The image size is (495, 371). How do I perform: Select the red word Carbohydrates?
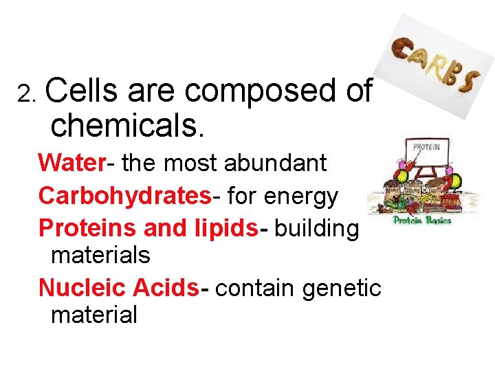124,196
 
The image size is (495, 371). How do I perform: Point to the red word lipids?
228,228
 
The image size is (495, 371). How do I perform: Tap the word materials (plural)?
100,256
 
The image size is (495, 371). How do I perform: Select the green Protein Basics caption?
422,221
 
